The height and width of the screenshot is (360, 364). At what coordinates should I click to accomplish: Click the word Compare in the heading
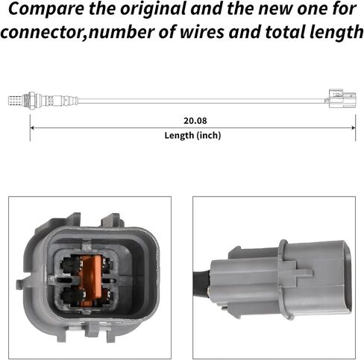(46, 10)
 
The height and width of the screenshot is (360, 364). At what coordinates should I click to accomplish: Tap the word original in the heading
(153, 10)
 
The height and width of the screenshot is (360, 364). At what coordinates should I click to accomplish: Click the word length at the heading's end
(336, 33)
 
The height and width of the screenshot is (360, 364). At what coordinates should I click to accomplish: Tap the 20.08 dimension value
(195, 121)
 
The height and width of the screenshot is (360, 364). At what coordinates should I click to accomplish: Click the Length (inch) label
(192, 136)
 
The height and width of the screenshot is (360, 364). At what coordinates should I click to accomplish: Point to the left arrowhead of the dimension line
(31, 127)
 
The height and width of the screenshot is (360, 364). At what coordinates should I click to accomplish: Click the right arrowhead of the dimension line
(354, 127)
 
